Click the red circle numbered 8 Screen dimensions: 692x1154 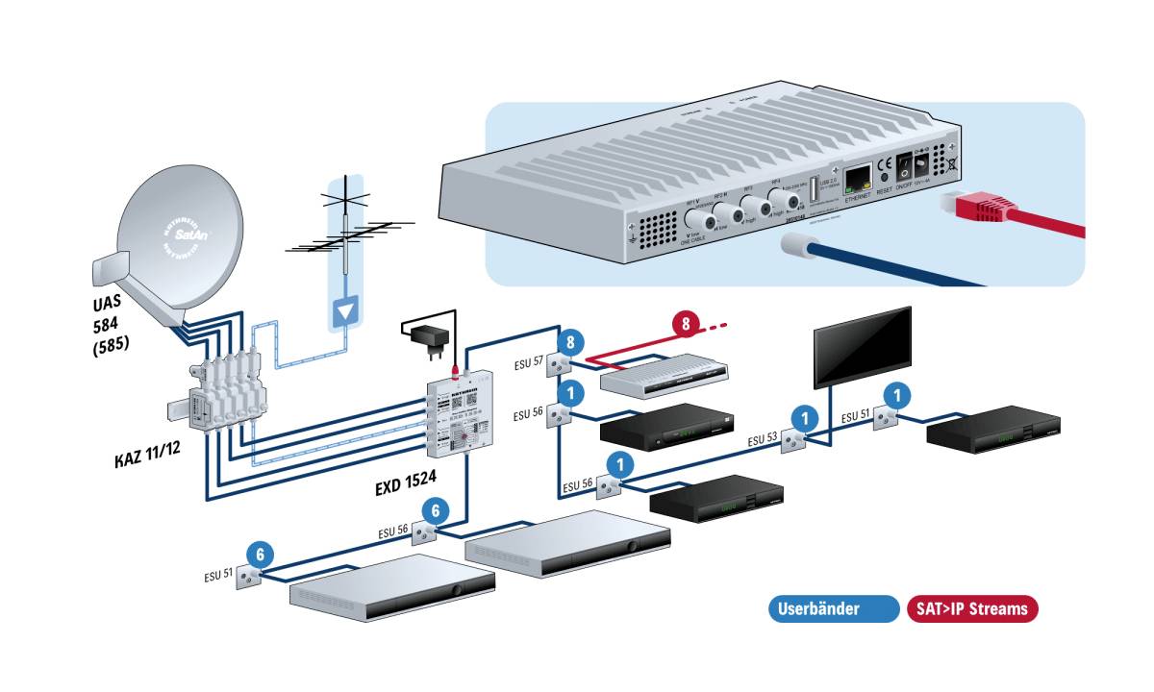[x=685, y=324]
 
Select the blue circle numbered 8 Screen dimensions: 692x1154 [x=570, y=342]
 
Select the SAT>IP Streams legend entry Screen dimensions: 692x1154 [x=972, y=608]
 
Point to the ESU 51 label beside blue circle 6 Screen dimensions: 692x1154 [x=220, y=577]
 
